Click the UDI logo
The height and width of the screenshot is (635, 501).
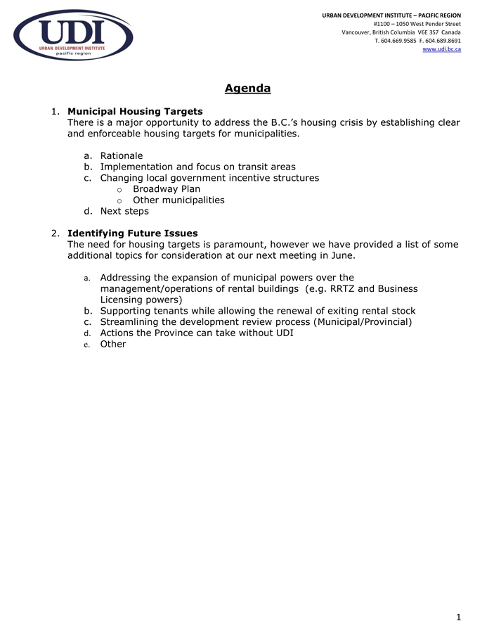coord(73,35)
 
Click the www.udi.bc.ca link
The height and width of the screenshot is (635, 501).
coord(441,49)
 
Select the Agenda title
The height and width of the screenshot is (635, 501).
coord(247,89)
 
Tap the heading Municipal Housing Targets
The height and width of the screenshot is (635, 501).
coord(135,111)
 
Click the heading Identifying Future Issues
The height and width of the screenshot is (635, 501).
coord(132,233)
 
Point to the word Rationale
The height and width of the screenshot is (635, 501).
coord(121,156)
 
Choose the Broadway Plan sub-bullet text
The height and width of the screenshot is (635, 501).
coord(167,189)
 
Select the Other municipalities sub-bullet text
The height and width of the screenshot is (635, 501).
coord(178,200)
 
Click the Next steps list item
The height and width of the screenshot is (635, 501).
coord(124,211)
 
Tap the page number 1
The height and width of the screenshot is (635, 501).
coord(458,617)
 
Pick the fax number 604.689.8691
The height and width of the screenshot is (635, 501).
coord(444,41)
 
